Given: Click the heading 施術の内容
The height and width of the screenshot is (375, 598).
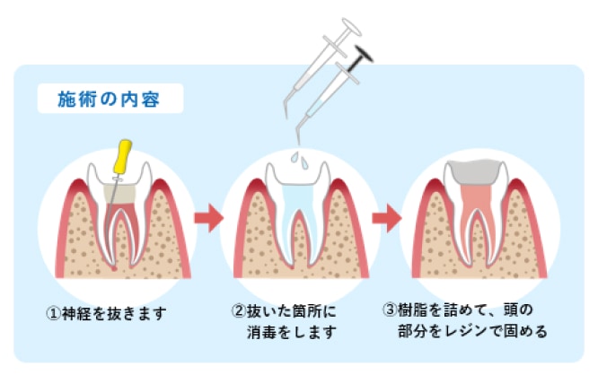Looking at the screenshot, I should point(109,98).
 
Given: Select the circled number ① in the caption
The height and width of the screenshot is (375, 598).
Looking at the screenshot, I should point(53,313).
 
